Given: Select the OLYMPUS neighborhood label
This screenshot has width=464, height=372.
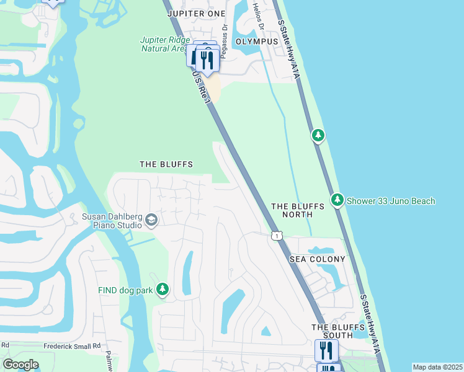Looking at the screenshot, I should [x=257, y=41].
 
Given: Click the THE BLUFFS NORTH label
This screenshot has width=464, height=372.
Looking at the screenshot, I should [x=292, y=210].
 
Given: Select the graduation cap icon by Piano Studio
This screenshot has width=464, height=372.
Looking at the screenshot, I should [x=151, y=220].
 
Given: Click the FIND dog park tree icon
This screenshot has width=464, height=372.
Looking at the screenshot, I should [x=163, y=290].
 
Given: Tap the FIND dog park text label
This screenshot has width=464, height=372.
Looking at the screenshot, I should [x=125, y=290].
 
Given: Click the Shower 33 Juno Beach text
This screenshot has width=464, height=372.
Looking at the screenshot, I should [x=391, y=201].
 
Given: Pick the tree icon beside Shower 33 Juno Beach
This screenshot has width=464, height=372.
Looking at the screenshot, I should [x=337, y=200].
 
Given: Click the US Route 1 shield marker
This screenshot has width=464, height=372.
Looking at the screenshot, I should [x=277, y=236].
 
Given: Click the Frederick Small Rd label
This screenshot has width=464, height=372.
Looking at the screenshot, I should [x=71, y=346].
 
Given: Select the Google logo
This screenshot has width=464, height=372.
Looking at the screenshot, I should [x=20, y=365].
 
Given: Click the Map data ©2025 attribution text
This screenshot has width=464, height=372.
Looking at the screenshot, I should [x=437, y=367].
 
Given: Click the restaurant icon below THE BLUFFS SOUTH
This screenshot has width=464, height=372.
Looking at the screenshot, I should [x=326, y=351].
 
